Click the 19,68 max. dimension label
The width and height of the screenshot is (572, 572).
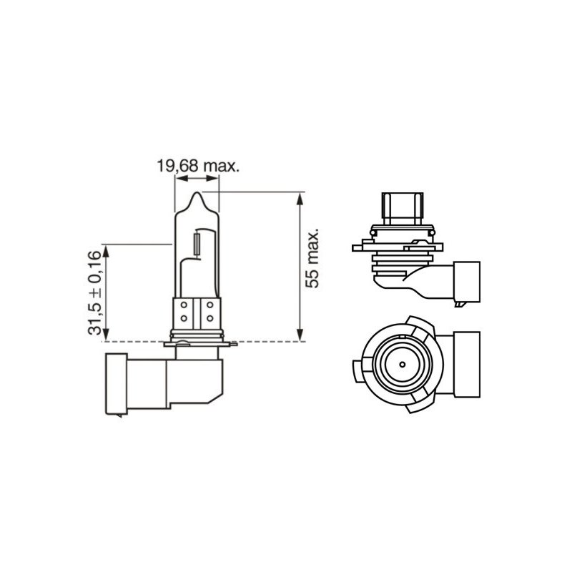(198, 166)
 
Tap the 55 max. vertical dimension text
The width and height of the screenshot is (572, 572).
(312, 258)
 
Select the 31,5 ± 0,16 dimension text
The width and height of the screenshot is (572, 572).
(94, 292)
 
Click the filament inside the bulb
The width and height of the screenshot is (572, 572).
(197, 245)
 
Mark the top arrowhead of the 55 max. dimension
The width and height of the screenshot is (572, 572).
(300, 199)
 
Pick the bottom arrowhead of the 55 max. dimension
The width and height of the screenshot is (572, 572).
(300, 334)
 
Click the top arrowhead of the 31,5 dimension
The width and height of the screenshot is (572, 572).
(106, 252)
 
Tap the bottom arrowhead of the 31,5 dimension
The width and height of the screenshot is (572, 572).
(106, 334)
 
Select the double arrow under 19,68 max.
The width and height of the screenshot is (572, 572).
(197, 178)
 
